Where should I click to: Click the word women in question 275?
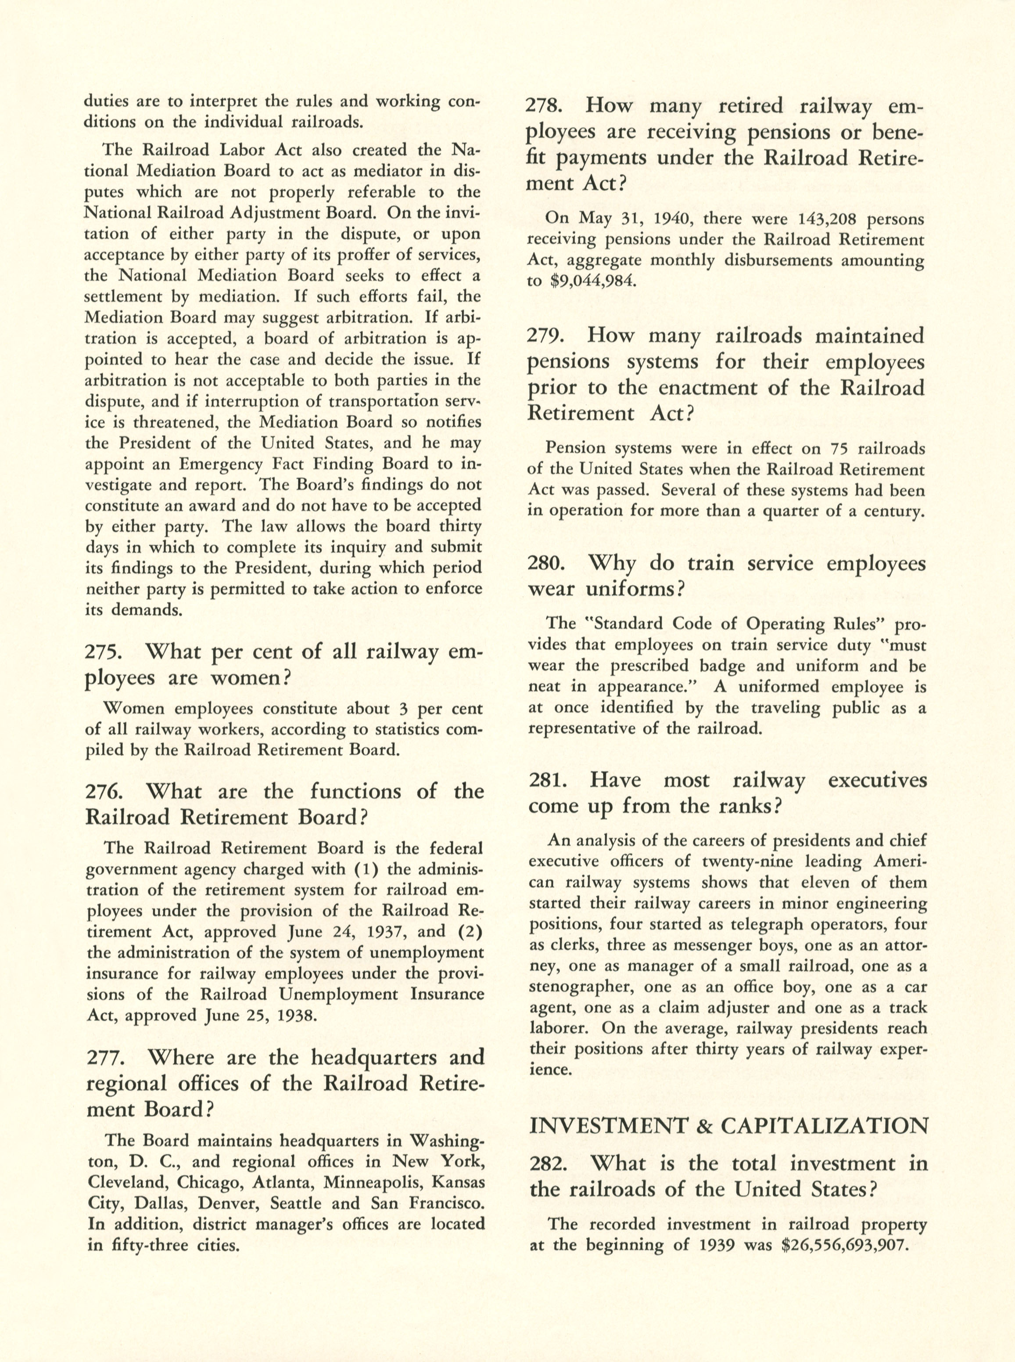click(249, 678)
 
